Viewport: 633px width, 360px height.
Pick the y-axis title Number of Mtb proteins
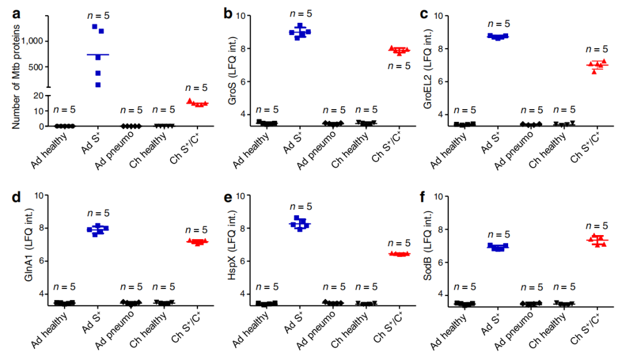tap(16, 70)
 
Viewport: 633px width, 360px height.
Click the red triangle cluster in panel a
tap(197, 103)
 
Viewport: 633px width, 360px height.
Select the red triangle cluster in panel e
tap(399, 254)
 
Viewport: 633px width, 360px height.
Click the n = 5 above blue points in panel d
tap(98, 213)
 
